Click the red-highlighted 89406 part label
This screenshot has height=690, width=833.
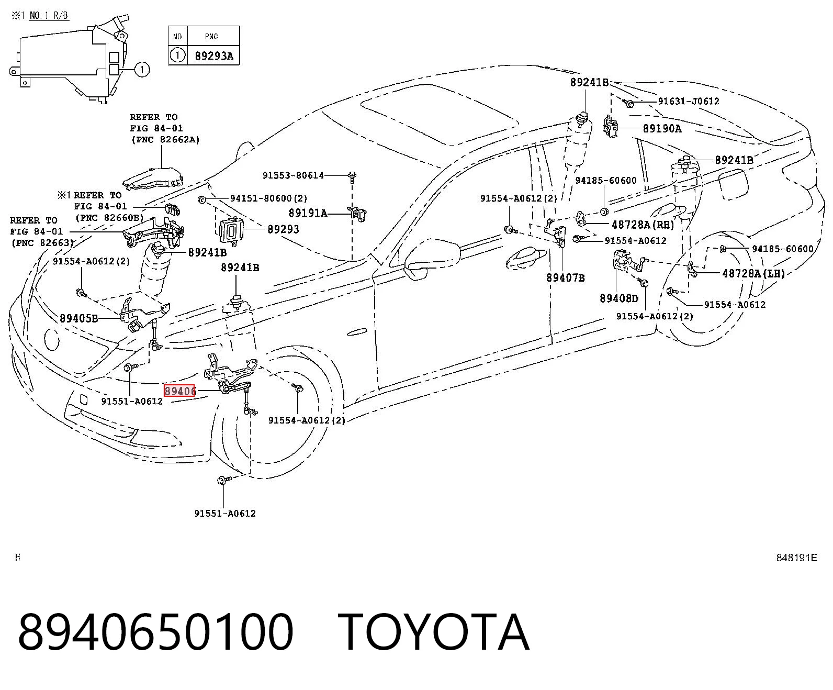pos(179,391)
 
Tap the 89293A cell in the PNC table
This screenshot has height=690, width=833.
pos(213,56)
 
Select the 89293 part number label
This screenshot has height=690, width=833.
pos(283,229)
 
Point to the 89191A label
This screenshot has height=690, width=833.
pos(308,213)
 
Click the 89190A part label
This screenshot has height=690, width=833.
pos(662,129)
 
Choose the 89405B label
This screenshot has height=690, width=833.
pos(79,318)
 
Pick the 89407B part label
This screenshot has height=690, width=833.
pos(565,277)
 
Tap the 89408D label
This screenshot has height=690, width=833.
pos(619,298)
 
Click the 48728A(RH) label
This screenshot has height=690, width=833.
pos(643,225)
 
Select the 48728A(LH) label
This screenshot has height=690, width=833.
pos(753,273)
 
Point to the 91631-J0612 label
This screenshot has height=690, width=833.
pos(689,102)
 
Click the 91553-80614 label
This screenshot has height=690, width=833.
pos(293,175)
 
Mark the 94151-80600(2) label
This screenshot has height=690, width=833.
pos(269,198)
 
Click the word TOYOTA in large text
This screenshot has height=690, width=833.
pos(434,632)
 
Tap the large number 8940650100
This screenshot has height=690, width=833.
pos(155,632)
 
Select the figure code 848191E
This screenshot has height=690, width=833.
pos(796,558)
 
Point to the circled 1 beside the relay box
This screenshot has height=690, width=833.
pos(142,70)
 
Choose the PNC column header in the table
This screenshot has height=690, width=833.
pos(211,37)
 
